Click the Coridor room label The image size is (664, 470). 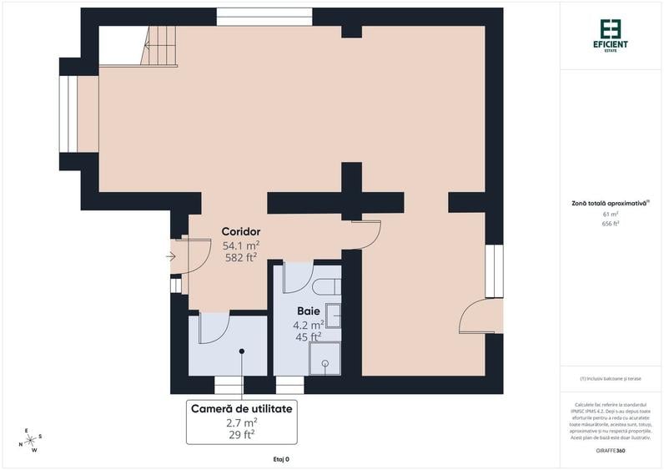[x=241, y=231]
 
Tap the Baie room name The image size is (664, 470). [x=309, y=311]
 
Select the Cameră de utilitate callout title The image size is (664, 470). [x=242, y=409]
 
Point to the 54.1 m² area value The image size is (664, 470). [x=241, y=245]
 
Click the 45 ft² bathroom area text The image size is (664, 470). [x=309, y=337]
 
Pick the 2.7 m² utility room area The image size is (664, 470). [x=242, y=423]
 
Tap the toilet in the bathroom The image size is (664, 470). [x=327, y=286]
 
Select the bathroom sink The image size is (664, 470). [x=333, y=316]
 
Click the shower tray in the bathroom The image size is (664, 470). [x=324, y=360]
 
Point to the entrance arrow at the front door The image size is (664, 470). [x=171, y=256]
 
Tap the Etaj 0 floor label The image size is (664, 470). [x=281, y=459]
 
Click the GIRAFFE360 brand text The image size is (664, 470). [x=611, y=451]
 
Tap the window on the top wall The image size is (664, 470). [x=264, y=17]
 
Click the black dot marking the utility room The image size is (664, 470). [x=242, y=351]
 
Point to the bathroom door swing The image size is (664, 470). [x=296, y=279]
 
